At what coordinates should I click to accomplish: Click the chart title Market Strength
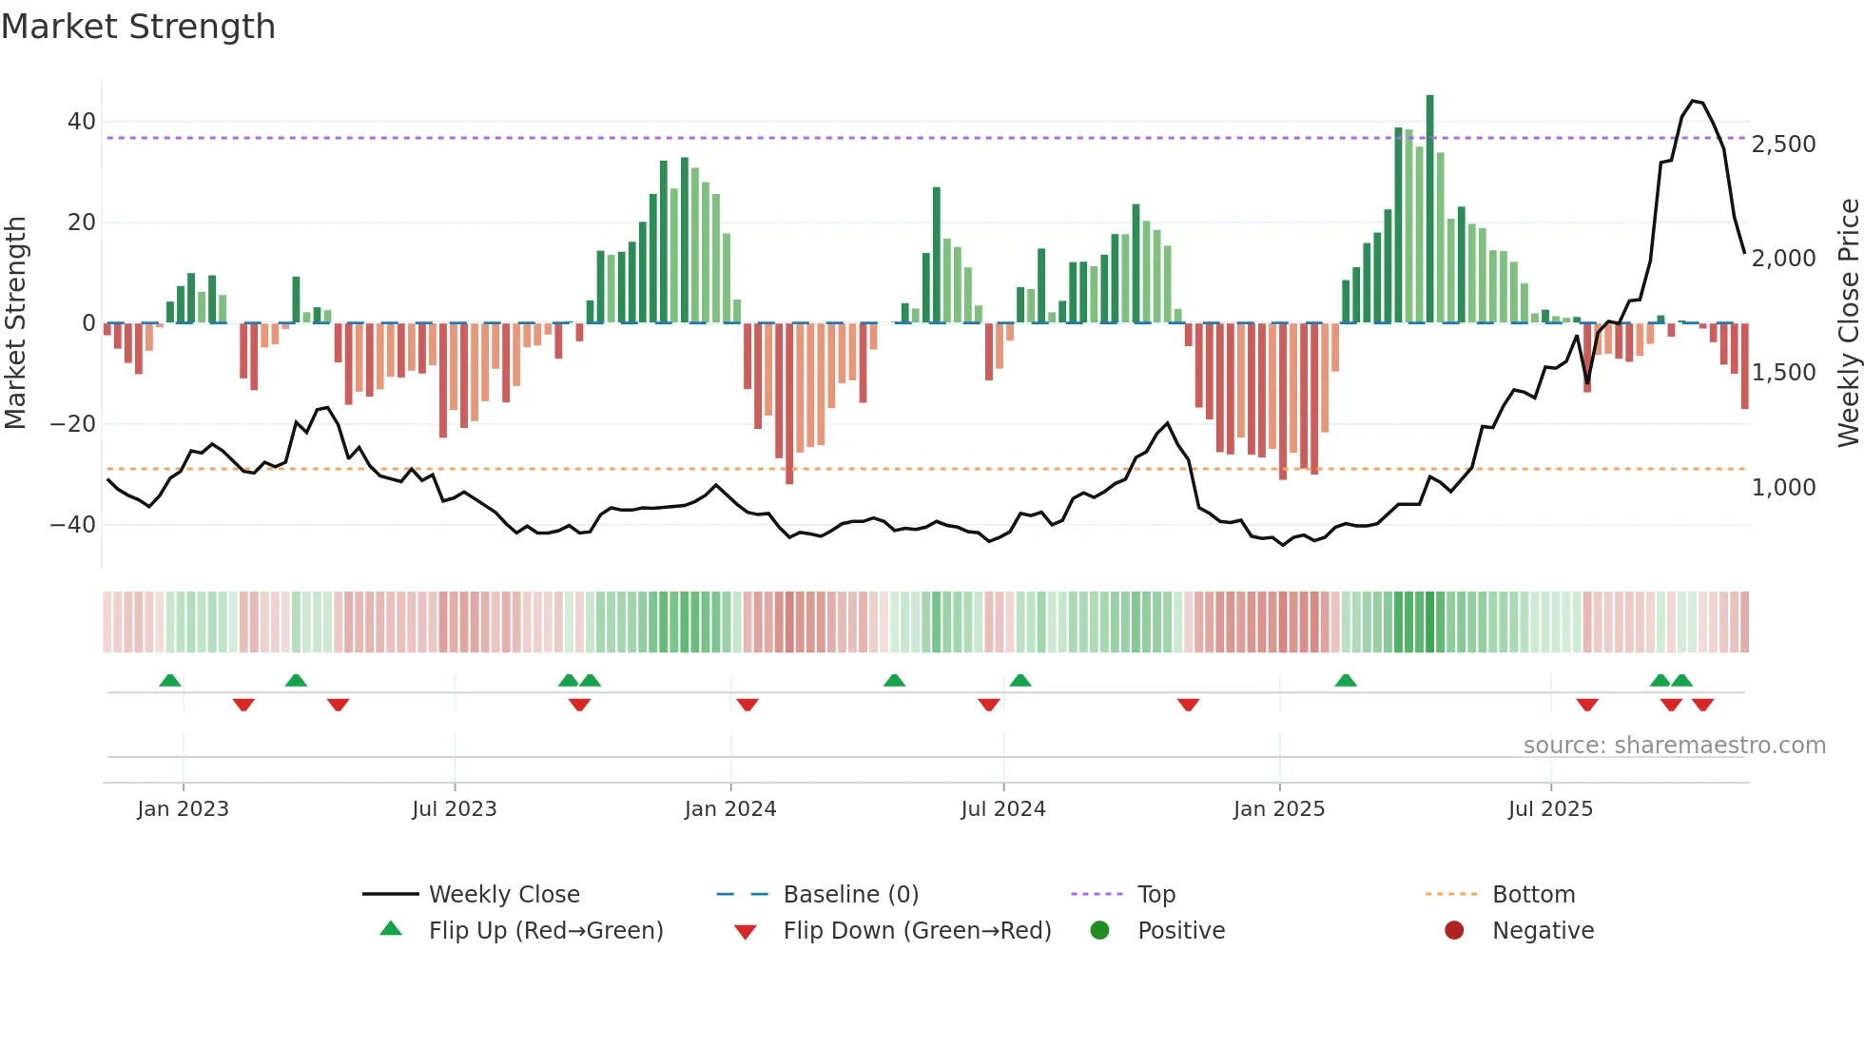138,27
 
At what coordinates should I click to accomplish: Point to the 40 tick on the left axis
81,122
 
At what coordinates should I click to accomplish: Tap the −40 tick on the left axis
73,525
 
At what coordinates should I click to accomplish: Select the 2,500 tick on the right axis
1783,145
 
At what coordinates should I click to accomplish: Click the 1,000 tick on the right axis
1783,488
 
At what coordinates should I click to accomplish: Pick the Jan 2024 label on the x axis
729,809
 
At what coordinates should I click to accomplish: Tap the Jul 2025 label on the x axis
1549,809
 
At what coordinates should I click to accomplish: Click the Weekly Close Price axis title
1848,323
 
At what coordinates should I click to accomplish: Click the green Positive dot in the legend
1099,931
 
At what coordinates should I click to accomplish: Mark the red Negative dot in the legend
1453,931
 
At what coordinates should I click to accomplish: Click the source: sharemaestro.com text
1674,746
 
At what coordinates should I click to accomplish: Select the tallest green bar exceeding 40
1429,209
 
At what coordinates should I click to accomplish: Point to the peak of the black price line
1693,101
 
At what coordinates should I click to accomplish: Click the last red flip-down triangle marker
1702,705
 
